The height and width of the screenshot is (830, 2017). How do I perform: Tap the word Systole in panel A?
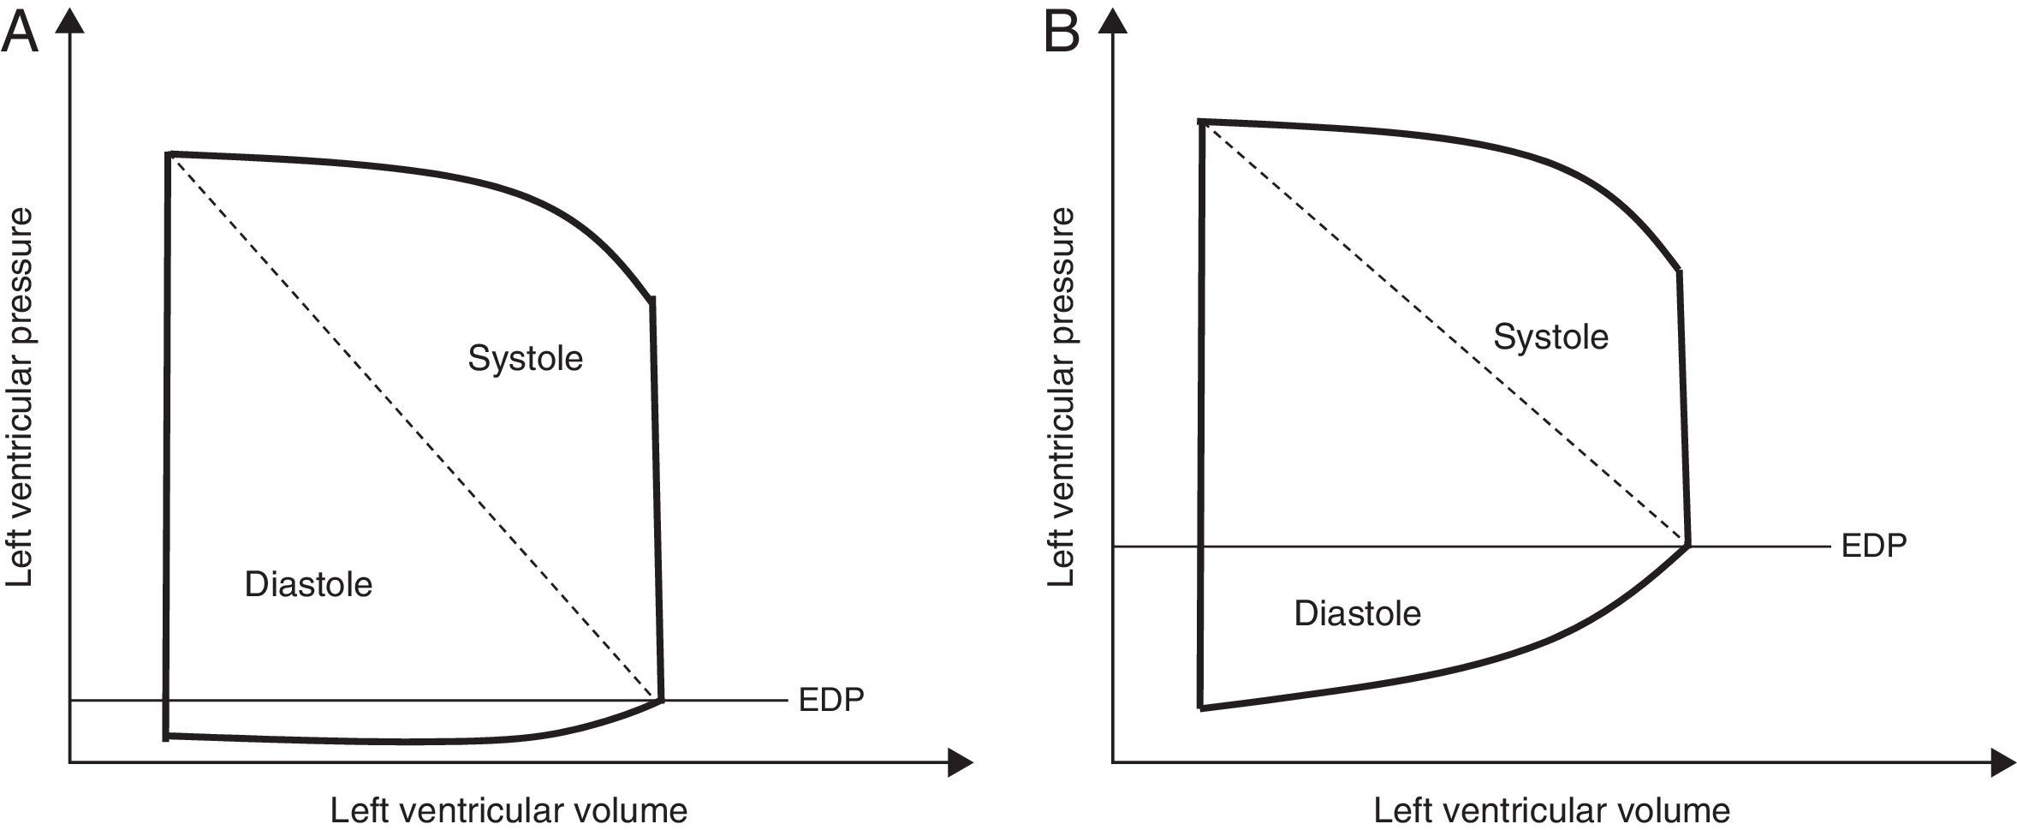click(525, 358)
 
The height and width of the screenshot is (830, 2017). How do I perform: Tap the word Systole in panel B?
click(1550, 337)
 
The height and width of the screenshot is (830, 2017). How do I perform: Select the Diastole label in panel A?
click(308, 585)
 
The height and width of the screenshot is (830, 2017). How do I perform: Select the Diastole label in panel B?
click(1357, 613)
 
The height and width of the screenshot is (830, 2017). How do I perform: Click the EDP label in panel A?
click(830, 700)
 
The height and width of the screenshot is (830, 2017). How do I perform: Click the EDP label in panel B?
click(1874, 546)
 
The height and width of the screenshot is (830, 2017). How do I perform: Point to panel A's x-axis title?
click(509, 810)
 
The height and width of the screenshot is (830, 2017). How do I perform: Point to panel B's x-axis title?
click(1551, 810)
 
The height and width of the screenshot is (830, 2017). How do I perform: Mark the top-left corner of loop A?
click(169, 155)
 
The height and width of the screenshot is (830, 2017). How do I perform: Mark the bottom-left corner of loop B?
click(1201, 708)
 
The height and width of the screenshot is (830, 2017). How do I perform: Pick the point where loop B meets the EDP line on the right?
click(1687, 545)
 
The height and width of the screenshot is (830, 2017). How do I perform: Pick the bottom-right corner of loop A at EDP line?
click(661, 700)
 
